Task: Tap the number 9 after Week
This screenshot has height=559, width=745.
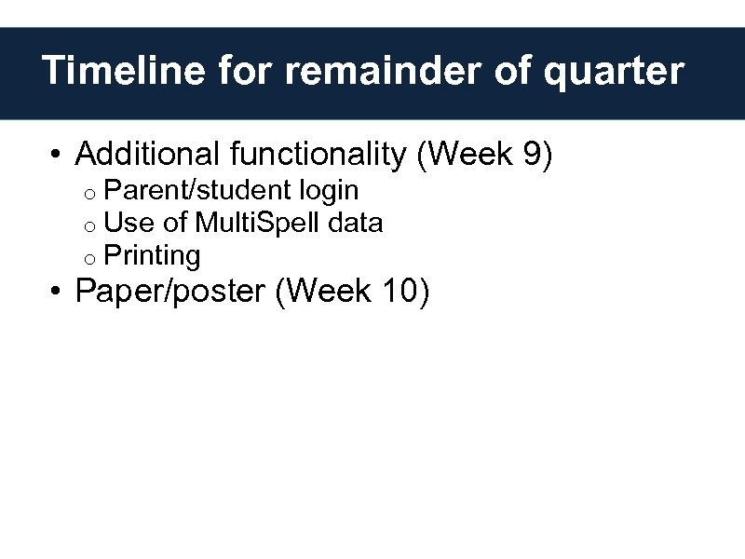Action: pos(533,154)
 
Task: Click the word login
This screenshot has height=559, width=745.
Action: pos(329,192)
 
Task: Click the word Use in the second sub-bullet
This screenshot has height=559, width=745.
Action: pos(124,223)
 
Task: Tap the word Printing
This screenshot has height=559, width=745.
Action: pos(152,256)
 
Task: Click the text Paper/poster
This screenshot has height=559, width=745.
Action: pos(170,293)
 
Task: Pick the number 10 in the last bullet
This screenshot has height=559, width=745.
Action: pos(400,292)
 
